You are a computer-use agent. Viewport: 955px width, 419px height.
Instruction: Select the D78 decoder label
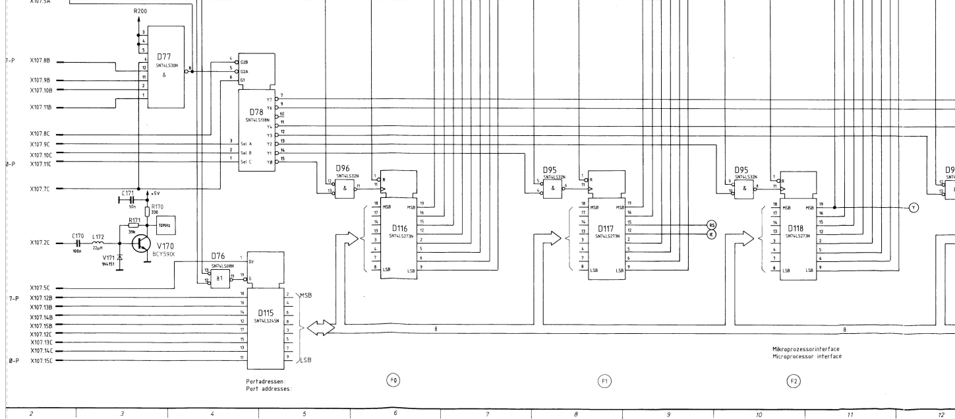[x=257, y=112]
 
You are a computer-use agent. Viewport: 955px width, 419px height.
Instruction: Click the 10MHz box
[x=165, y=226]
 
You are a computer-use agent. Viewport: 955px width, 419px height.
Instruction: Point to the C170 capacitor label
[x=78, y=235]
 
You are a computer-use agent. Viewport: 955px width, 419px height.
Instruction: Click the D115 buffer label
[x=266, y=313]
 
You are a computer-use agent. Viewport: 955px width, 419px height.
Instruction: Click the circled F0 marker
[x=393, y=380]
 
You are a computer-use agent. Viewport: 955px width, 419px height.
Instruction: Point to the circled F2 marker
[x=795, y=381]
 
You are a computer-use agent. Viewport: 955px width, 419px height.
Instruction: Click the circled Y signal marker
[x=913, y=207]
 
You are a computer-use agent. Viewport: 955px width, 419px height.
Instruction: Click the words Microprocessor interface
[x=807, y=356]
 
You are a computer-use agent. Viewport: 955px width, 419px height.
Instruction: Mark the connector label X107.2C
[x=41, y=243]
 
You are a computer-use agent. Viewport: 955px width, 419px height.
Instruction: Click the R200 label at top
[x=139, y=12]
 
